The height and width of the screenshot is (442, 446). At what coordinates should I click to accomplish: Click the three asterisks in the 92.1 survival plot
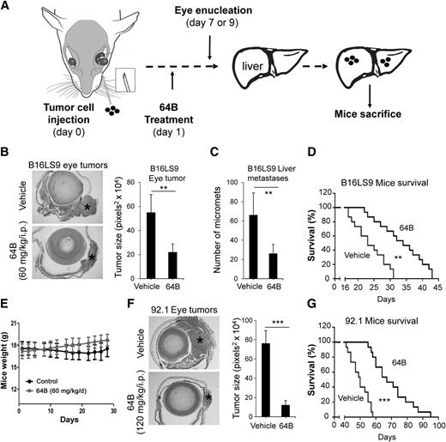tap(382, 403)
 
